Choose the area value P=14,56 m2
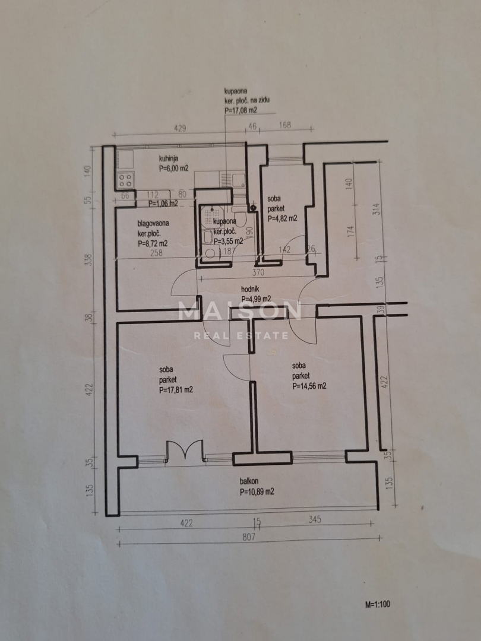coord(309,386)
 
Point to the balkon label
coord(249,483)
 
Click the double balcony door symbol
coord(185,450)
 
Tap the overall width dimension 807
coord(249,537)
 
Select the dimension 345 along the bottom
coord(314,521)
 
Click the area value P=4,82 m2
coord(282,218)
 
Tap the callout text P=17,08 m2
coord(240,110)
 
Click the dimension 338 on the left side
coord(89,259)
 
